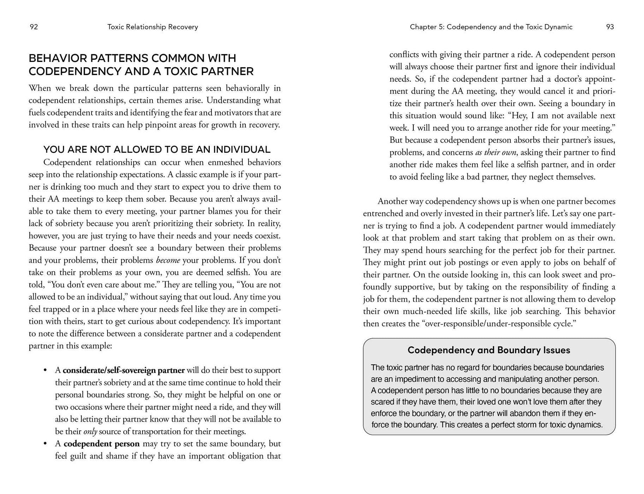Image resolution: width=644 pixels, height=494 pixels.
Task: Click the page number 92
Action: pos(34,27)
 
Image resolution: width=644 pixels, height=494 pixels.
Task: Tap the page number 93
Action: pos(610,27)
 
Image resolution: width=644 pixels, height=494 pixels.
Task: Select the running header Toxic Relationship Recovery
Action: pos(152,27)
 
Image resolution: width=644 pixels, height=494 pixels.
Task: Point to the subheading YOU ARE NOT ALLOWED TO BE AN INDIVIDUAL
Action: pos(157,149)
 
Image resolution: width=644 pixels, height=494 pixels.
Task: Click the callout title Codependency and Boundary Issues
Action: pos(489,350)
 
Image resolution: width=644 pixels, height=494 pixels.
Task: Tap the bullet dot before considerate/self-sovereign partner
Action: pos(45,370)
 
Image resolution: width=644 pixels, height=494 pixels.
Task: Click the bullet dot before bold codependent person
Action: pos(45,444)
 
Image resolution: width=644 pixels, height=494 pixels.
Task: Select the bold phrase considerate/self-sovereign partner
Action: pos(124,370)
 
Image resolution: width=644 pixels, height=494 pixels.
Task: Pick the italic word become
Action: pos(168,260)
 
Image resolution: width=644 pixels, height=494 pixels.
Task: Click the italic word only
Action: pos(90,432)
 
